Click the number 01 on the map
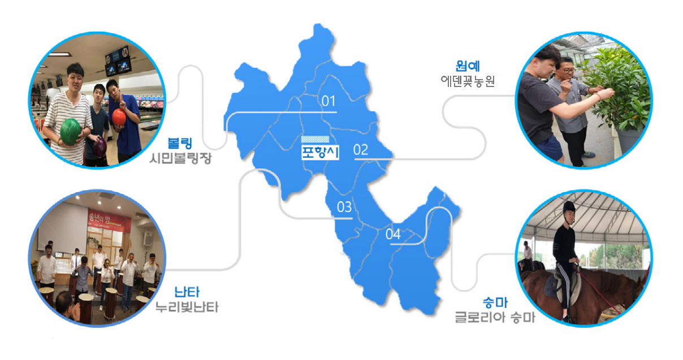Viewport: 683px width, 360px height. pyautogui.click(x=328, y=101)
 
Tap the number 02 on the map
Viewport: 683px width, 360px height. pyautogui.click(x=361, y=150)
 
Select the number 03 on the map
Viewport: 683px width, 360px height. pyautogui.click(x=344, y=207)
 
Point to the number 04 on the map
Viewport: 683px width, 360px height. pyautogui.click(x=393, y=234)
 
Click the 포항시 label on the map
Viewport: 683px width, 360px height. pyautogui.click(x=320, y=152)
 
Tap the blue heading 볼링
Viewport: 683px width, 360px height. pyautogui.click(x=180, y=143)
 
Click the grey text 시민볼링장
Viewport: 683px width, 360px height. pyautogui.click(x=180, y=158)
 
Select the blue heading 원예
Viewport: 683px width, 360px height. pyautogui.click(x=468, y=66)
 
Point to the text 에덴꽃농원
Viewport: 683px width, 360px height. pyautogui.click(x=468, y=81)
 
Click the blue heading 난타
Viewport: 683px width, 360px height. pyautogui.click(x=187, y=292)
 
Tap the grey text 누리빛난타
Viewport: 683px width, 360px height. pyautogui.click(x=187, y=307)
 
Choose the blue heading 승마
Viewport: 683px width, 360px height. pyautogui.click(x=495, y=302)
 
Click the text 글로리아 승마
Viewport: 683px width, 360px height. pyautogui.click(x=495, y=317)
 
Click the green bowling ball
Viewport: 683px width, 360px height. pyautogui.click(x=71, y=132)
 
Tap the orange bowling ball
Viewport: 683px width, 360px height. pyautogui.click(x=119, y=117)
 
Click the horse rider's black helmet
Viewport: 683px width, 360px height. pyautogui.click(x=569, y=207)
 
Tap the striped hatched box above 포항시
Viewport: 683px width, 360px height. pyautogui.click(x=315, y=140)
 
